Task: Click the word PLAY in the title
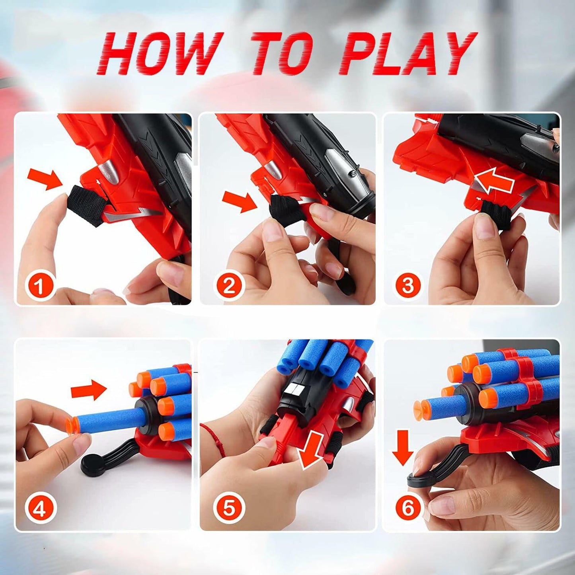pyautogui.click(x=407, y=54)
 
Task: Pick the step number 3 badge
pyautogui.click(x=408, y=286)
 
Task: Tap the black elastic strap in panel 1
pyautogui.click(x=86, y=206)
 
